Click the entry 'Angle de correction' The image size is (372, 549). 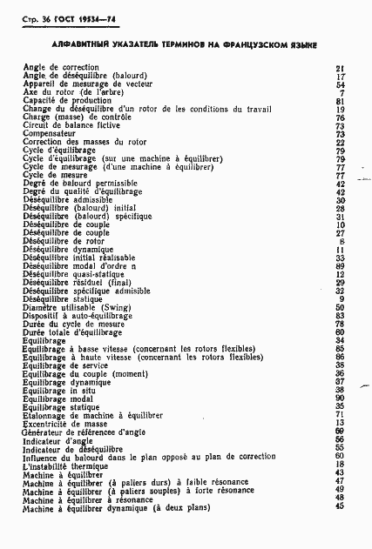60,67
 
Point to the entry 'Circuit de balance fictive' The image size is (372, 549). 70,125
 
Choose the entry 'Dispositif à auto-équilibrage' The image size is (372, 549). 77,314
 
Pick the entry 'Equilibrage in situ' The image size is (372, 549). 58,389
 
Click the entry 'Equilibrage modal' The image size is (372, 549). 57,398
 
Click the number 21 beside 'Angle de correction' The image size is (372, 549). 341,67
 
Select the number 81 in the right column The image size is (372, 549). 341,100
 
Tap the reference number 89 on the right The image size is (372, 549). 341,265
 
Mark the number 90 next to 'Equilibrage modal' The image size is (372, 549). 341,398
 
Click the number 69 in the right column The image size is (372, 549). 341,431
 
